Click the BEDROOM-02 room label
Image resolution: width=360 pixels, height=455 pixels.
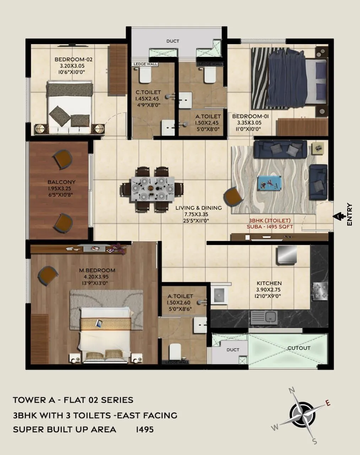pos(73,59)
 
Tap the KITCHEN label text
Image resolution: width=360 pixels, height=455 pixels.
pos(269,283)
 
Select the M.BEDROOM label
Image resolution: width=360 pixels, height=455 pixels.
pos(97,270)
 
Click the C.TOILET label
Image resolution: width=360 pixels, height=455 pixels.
pos(148,92)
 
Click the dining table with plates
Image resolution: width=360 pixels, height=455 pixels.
pos(152,188)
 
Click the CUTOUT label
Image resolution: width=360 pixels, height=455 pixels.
pos(299,348)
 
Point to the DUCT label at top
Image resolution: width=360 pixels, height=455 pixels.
pos(173,41)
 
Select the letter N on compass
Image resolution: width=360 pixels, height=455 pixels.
pos(292,391)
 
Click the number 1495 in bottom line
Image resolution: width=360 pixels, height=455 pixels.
pos(145,429)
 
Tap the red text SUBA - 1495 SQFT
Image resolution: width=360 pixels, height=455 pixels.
pos(270,226)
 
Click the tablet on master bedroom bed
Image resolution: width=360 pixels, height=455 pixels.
pos(99,323)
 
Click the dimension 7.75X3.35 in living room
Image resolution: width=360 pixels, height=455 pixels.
pos(196,214)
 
